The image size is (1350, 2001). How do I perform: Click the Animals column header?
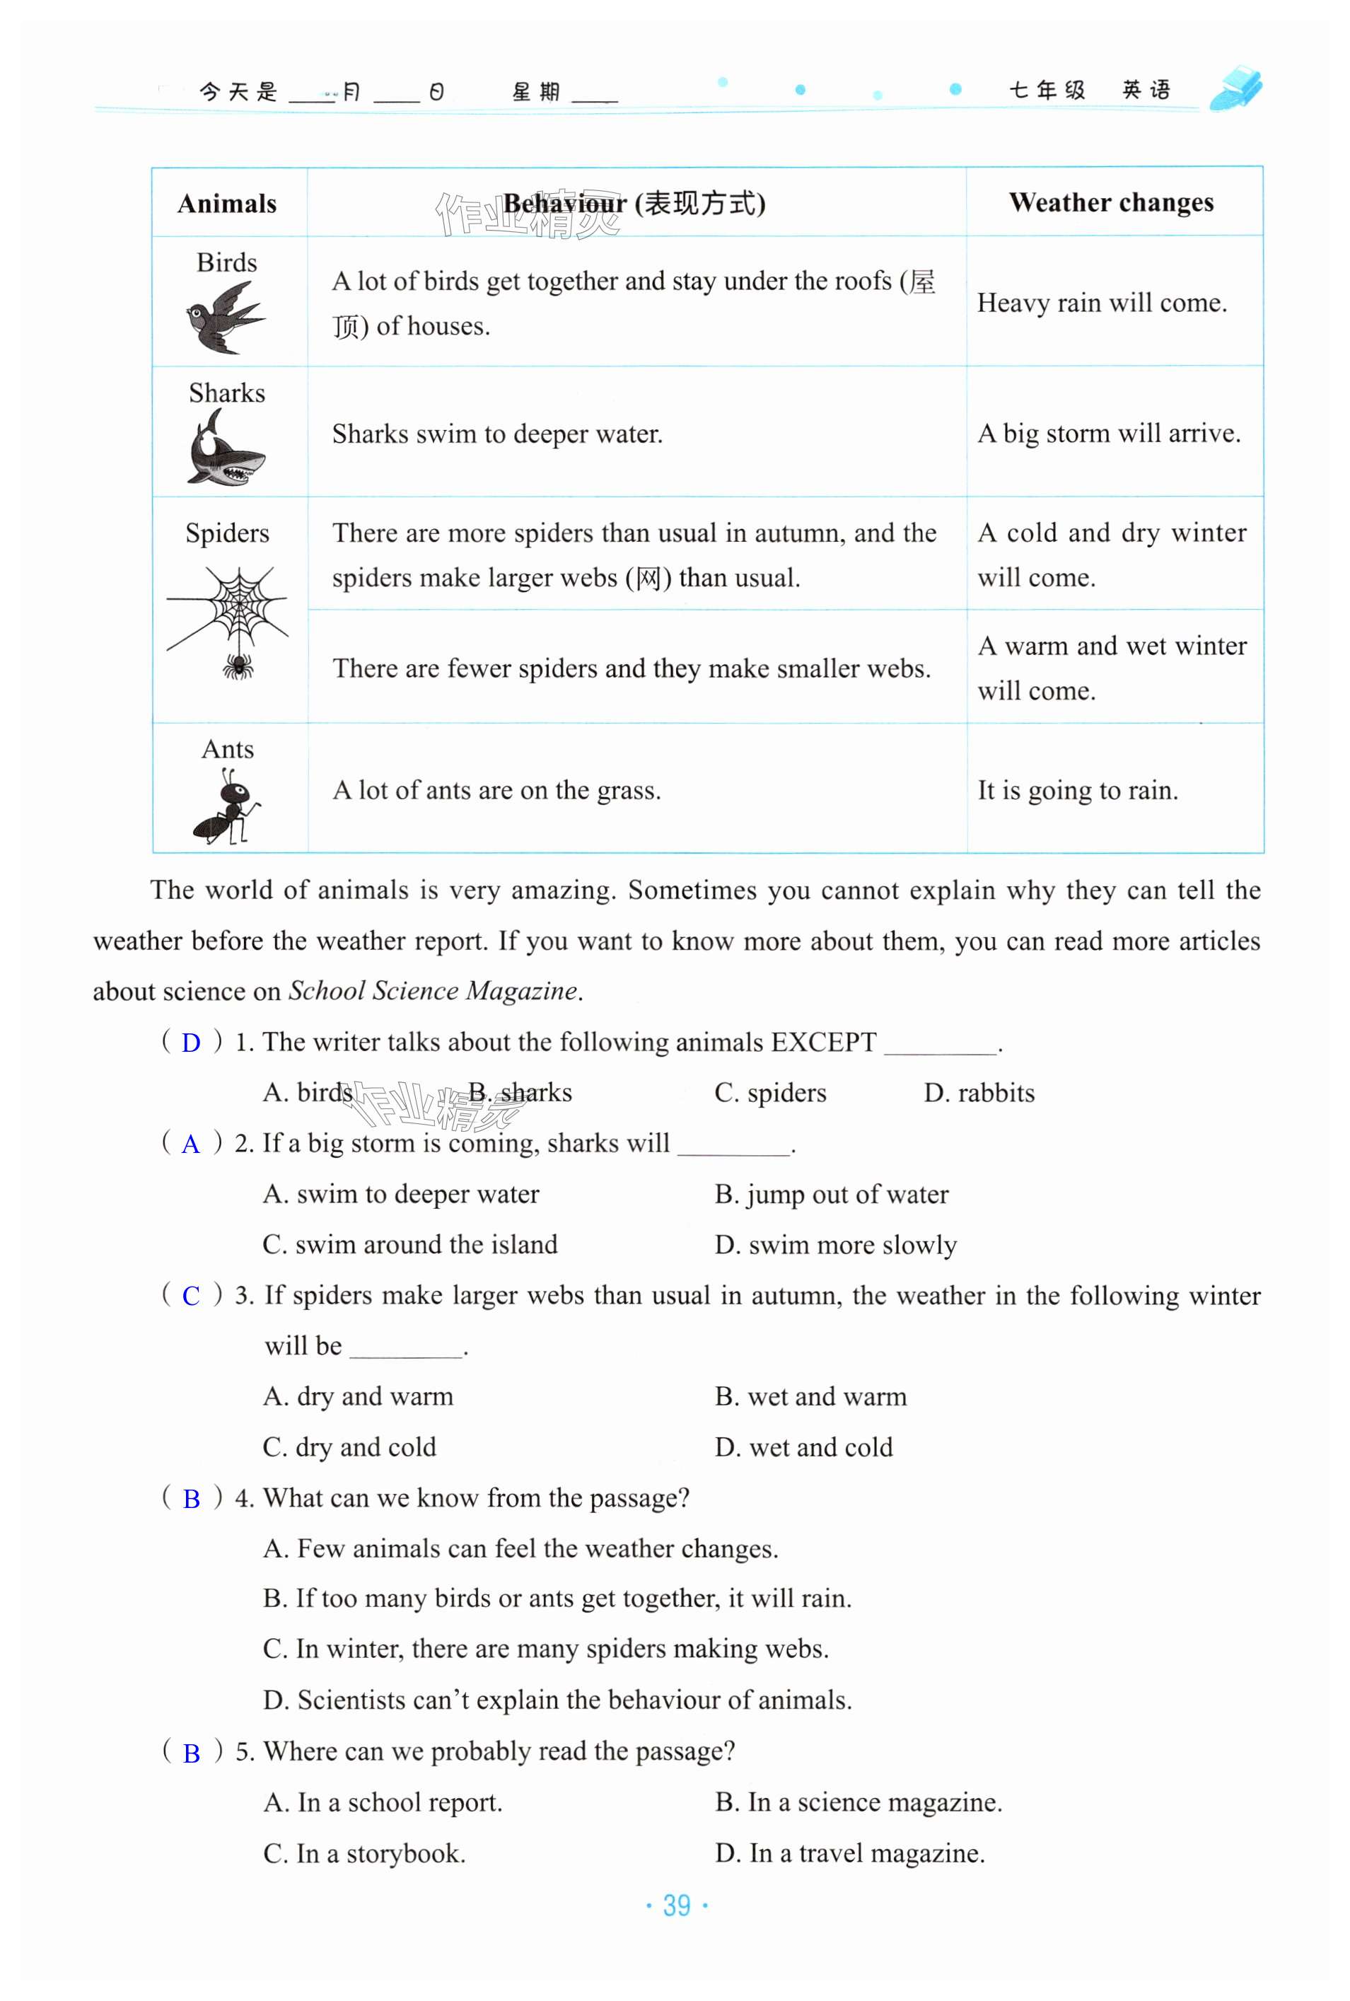point(227,204)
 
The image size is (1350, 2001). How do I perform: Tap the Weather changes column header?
point(1111,202)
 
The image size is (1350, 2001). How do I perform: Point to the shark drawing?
point(225,448)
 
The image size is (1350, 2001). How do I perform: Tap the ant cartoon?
point(226,805)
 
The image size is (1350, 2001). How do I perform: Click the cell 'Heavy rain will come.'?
point(1101,303)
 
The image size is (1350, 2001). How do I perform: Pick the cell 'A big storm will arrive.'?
point(1108,433)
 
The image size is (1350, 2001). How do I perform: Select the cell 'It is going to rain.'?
point(1077,790)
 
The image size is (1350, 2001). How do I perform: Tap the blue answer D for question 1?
point(191,1043)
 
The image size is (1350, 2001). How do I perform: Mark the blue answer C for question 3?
point(191,1297)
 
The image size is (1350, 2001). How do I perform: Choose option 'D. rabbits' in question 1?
point(978,1094)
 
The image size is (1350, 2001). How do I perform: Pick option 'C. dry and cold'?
point(349,1447)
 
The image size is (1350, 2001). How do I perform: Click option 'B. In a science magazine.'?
point(858,1802)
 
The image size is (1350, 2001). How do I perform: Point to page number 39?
point(677,1906)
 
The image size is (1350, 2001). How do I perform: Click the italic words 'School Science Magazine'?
point(432,991)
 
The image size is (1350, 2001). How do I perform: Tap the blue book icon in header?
point(1235,88)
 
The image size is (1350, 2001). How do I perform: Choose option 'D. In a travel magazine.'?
point(849,1853)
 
